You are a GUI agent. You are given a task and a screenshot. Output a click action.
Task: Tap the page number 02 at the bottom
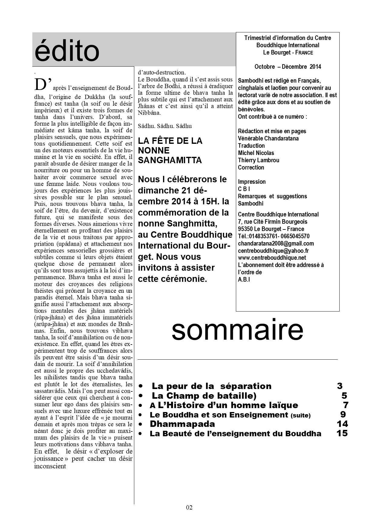click(x=189, y=508)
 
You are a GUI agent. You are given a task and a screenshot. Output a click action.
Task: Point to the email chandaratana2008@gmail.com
click(x=276, y=243)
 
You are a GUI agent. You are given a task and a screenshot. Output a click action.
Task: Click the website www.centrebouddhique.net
click(x=272, y=258)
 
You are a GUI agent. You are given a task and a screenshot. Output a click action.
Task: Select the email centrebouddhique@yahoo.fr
click(x=273, y=251)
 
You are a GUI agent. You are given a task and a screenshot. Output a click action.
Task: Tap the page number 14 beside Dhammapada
click(x=342, y=424)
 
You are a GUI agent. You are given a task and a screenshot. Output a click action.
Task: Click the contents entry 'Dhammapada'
click(x=182, y=424)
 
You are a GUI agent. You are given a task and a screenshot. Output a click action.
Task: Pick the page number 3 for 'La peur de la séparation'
click(x=340, y=386)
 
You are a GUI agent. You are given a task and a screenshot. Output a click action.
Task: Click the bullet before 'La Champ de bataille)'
click(x=141, y=396)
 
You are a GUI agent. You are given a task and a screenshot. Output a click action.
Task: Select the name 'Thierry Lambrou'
click(x=259, y=160)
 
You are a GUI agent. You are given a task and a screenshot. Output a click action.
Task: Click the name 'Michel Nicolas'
click(x=256, y=153)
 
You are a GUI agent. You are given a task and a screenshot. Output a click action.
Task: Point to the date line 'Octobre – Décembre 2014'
click(x=288, y=67)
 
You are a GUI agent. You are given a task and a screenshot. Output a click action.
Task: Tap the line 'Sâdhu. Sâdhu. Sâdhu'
click(x=165, y=126)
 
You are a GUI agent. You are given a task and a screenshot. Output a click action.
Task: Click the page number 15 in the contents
click(x=342, y=434)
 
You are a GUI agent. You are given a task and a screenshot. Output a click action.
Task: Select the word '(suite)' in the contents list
click(x=300, y=415)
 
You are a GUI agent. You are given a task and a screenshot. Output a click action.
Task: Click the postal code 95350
click(x=245, y=229)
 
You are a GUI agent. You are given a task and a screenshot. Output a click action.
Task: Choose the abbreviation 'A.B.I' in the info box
click(x=244, y=279)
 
